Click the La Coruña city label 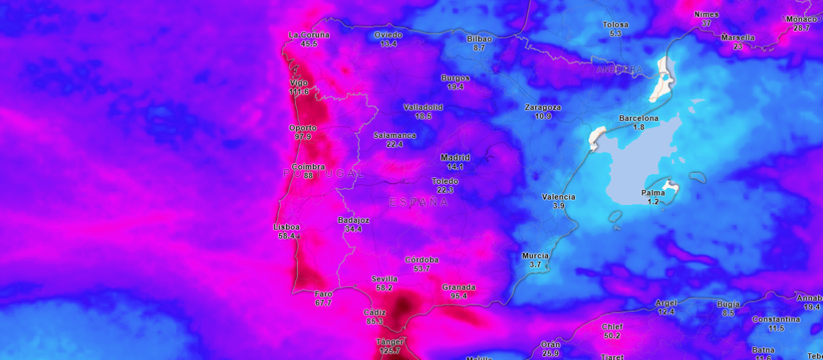coord(309,35)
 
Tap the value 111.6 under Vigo coord(299,92)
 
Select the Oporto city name coord(302,128)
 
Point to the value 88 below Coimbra coord(308,176)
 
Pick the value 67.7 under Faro coord(324,303)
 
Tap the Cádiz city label coord(374,312)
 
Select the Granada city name coord(459,287)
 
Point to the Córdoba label coord(422,260)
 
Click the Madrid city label coord(455,158)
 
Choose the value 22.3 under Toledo coord(445,190)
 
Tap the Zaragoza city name coord(542,108)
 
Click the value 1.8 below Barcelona coord(639,128)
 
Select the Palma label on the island coord(652,193)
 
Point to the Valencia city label coord(558,197)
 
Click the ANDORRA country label coord(620,70)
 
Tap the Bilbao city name coord(479,39)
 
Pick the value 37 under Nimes coord(706,23)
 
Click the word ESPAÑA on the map coord(418,202)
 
